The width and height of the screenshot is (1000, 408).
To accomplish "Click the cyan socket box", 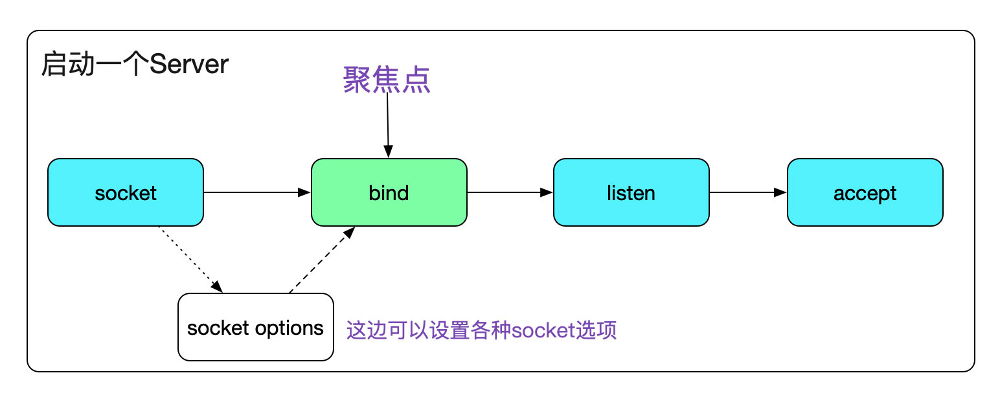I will coord(126,192).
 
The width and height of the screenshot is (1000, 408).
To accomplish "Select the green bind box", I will coord(389,192).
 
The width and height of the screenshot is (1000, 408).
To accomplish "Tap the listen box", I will coord(631,192).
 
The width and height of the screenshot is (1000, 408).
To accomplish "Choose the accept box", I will coord(865,192).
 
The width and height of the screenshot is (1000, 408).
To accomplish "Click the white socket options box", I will coord(256,327).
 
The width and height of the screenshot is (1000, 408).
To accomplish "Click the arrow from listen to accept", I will coord(748,192).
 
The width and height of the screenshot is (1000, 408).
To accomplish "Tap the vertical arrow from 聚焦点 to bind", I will coord(387,126).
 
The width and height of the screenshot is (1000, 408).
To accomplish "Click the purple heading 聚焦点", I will coord(387,81).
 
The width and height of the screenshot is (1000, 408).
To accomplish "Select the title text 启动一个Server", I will coord(135,65).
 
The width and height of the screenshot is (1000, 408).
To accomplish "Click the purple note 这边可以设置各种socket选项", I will coord(481,330).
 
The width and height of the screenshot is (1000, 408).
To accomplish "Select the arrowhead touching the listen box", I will coord(547,192).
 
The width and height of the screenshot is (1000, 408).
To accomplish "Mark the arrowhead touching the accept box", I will coord(781,192).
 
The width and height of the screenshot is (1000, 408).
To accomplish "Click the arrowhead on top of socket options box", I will coord(218,287).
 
